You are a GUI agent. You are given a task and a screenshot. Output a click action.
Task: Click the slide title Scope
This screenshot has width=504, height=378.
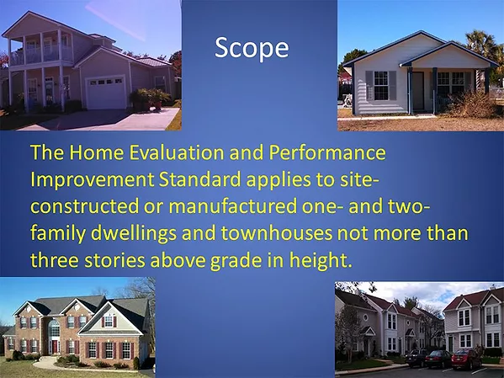tap(252, 48)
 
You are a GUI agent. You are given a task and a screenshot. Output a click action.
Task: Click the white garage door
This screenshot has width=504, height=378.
tap(106, 93)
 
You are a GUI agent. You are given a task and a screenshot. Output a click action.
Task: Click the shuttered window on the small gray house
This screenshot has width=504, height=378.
tap(380, 86)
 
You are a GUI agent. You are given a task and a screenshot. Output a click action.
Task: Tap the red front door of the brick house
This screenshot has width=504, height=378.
tap(55, 345)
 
